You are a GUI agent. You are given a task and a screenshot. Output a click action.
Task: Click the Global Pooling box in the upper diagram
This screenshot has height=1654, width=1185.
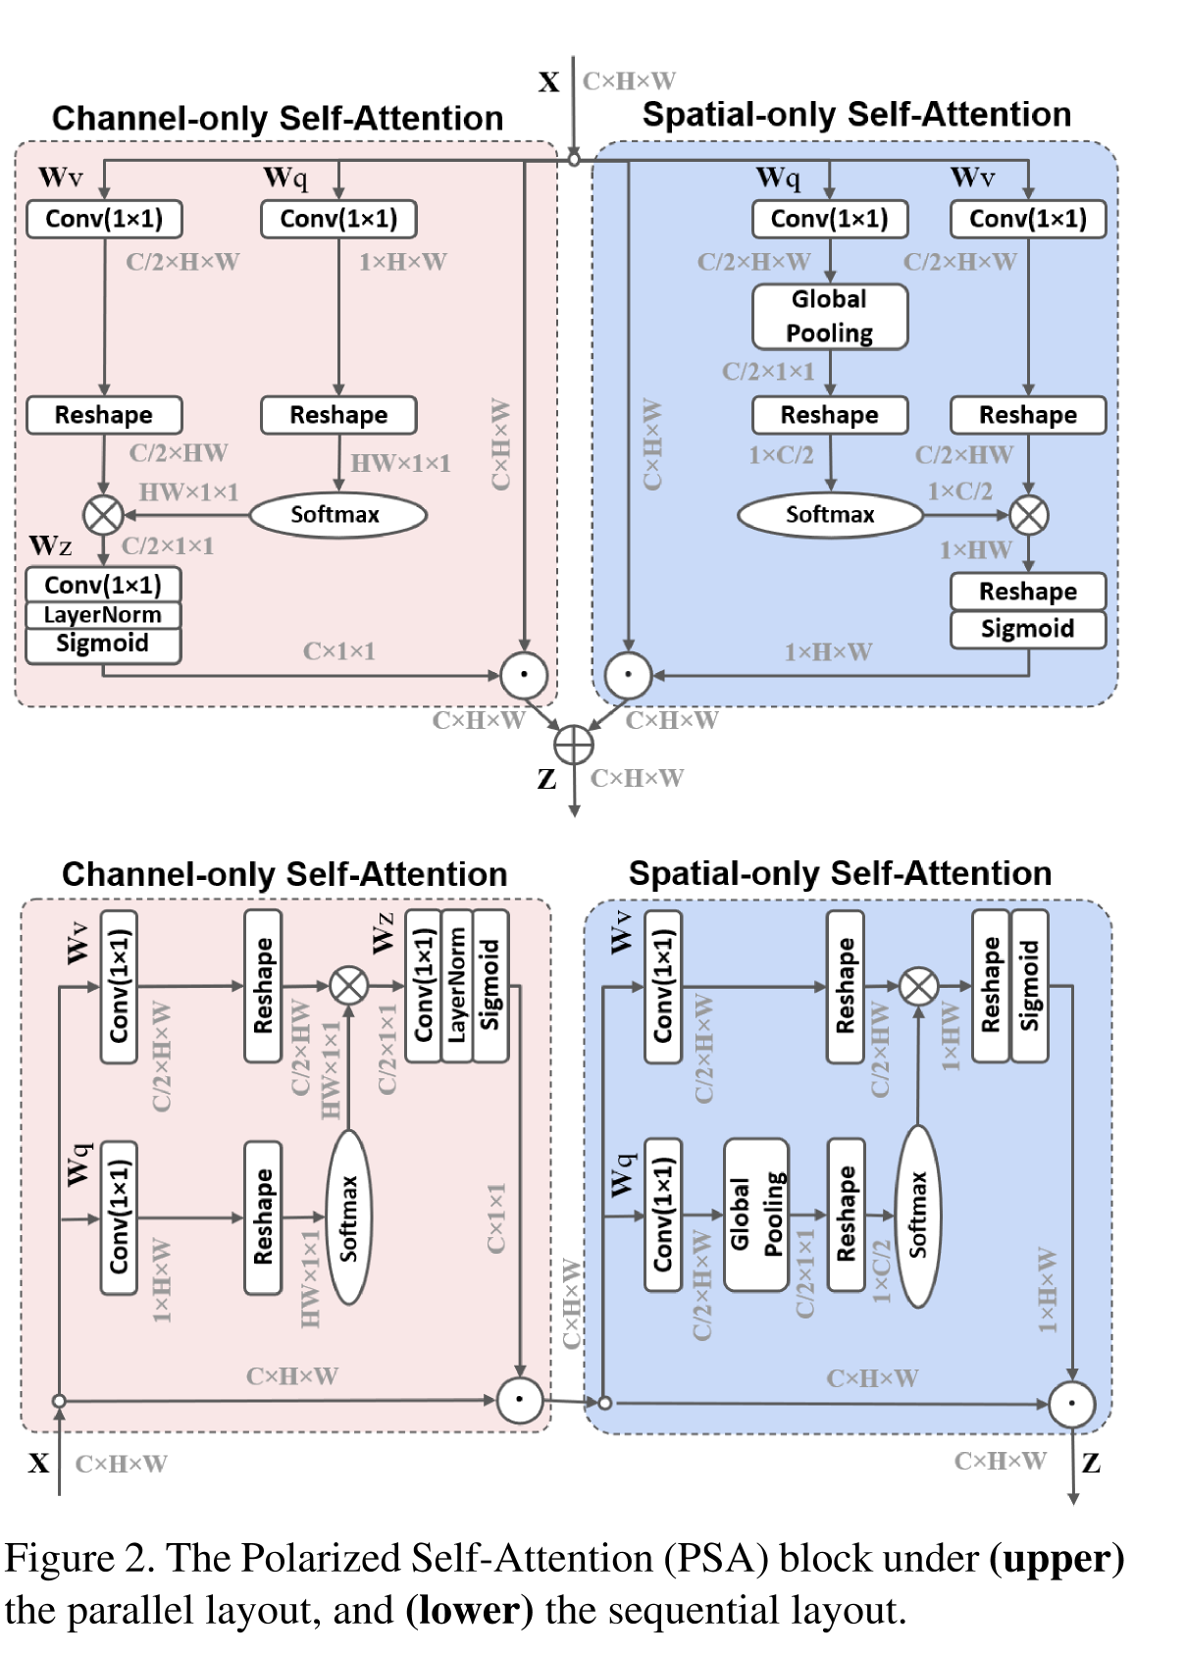click(x=830, y=316)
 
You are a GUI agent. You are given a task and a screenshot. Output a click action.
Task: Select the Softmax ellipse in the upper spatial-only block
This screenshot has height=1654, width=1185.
click(x=830, y=514)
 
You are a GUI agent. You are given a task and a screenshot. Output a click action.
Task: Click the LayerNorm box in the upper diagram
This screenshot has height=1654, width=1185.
click(x=103, y=615)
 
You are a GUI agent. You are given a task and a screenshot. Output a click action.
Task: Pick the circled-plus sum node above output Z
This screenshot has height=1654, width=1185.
click(x=574, y=746)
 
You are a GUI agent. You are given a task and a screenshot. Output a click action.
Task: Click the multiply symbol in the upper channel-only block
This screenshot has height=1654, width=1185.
click(x=103, y=514)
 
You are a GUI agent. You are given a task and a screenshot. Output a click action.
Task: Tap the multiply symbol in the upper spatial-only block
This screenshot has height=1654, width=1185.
click(x=1029, y=514)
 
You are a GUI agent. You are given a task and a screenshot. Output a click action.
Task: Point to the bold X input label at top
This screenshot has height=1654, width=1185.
click(x=549, y=82)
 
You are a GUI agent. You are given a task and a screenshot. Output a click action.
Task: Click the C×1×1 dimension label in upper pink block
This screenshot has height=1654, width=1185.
click(x=338, y=651)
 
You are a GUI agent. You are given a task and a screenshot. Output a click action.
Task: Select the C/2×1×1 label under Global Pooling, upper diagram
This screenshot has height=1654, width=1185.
click(x=768, y=372)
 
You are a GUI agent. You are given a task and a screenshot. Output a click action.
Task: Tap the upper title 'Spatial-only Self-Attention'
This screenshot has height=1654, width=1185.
click(x=856, y=115)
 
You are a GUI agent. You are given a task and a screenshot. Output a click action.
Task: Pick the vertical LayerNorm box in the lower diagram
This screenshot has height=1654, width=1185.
click(x=457, y=986)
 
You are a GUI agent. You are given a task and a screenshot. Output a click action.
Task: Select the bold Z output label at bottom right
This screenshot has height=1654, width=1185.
click(x=1091, y=1463)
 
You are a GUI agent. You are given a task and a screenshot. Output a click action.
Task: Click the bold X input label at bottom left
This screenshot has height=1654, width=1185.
click(x=39, y=1463)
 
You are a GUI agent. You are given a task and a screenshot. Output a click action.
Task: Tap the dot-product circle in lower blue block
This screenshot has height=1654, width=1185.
click(x=1071, y=1404)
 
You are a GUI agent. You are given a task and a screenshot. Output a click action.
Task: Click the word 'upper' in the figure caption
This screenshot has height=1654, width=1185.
click(x=1056, y=1558)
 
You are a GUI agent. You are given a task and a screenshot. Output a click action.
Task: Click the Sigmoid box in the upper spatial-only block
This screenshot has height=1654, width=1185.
click(x=1027, y=629)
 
